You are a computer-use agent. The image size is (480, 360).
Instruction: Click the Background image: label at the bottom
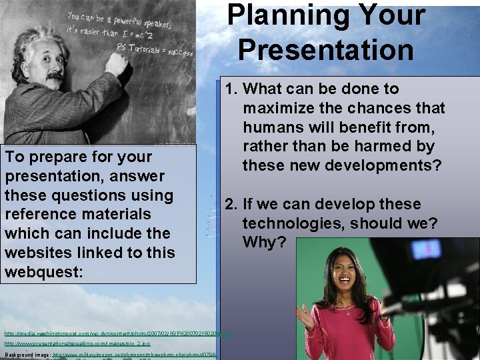[x=27, y=355]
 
